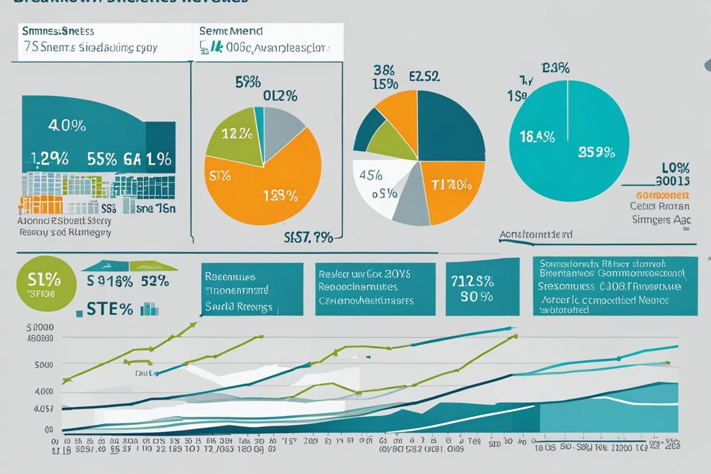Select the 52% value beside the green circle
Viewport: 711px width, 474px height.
tap(154, 281)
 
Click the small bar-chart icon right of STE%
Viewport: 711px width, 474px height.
tap(149, 309)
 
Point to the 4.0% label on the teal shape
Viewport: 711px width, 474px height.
tap(67, 125)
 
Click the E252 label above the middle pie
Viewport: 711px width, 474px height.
tap(424, 77)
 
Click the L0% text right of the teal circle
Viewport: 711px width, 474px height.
tap(675, 168)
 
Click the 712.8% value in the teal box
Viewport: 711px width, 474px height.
tap(472, 281)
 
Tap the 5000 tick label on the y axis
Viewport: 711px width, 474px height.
tap(43, 364)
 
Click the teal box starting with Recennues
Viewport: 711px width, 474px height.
tap(252, 289)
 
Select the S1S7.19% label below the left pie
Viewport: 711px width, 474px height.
tap(309, 236)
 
